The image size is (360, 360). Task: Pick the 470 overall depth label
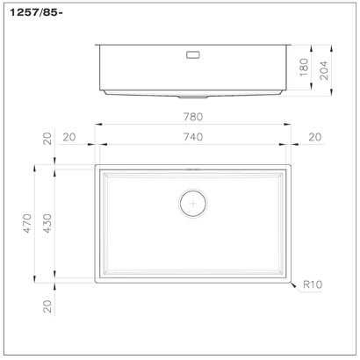(26, 223)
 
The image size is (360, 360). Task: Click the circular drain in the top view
(192, 202)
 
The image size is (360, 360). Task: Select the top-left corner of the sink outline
(95, 163)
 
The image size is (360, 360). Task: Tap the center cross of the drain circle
(192, 202)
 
